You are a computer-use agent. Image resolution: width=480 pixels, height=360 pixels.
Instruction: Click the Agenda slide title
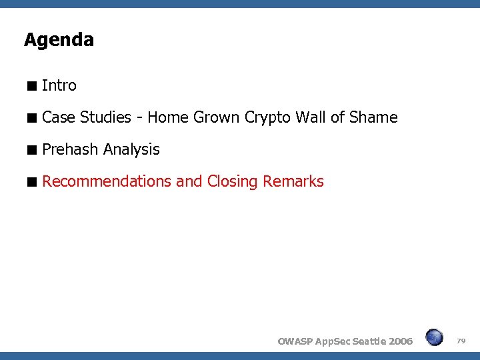tap(59, 40)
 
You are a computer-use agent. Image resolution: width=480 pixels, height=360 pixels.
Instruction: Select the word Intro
tap(59, 85)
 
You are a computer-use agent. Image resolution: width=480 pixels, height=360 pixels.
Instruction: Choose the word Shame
tap(373, 118)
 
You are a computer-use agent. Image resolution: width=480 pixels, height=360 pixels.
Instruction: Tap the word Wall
tap(311, 118)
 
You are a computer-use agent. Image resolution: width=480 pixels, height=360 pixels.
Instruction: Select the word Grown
tap(217, 118)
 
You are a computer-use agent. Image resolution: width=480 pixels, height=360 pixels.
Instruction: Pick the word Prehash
tap(70, 149)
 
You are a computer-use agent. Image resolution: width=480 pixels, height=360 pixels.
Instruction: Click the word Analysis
tap(131, 150)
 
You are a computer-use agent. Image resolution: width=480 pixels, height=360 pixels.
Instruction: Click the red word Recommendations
tap(107, 181)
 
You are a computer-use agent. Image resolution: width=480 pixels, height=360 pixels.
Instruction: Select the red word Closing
tap(233, 181)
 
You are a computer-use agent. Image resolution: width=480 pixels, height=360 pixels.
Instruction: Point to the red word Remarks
tap(293, 181)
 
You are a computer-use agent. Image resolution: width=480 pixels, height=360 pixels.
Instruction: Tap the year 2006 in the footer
tap(400, 341)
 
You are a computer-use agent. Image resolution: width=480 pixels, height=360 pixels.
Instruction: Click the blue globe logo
tap(434, 337)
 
